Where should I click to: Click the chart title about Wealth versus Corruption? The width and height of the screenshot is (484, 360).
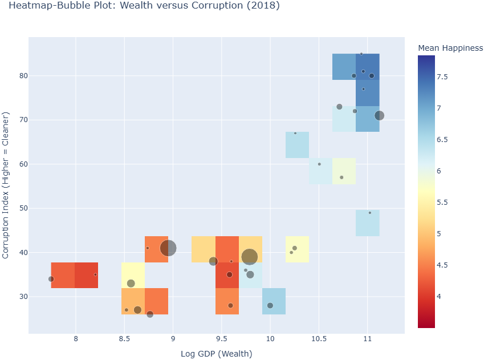[144, 6]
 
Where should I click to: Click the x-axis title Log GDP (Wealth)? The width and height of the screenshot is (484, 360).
[216, 354]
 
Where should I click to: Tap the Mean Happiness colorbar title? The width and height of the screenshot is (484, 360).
[450, 48]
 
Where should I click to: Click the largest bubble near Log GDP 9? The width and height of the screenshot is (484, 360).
[168, 248]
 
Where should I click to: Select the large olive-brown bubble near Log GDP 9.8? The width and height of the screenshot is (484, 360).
[249, 257]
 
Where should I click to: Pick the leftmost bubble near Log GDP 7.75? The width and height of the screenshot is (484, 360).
[51, 279]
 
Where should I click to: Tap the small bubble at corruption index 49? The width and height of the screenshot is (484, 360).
[369, 213]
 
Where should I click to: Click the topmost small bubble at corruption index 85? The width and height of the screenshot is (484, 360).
[361, 54]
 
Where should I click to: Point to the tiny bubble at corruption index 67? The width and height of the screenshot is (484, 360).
[295, 133]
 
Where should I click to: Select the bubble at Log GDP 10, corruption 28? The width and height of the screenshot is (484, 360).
[270, 306]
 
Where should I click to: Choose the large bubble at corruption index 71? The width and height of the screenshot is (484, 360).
[379, 116]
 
